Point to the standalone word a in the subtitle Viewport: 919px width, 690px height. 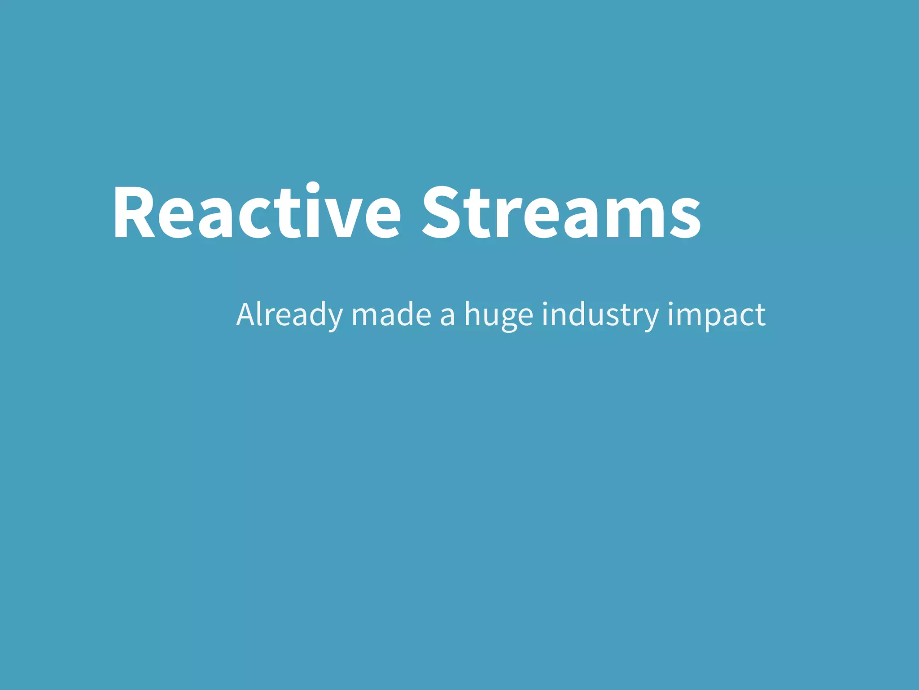tap(447, 317)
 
